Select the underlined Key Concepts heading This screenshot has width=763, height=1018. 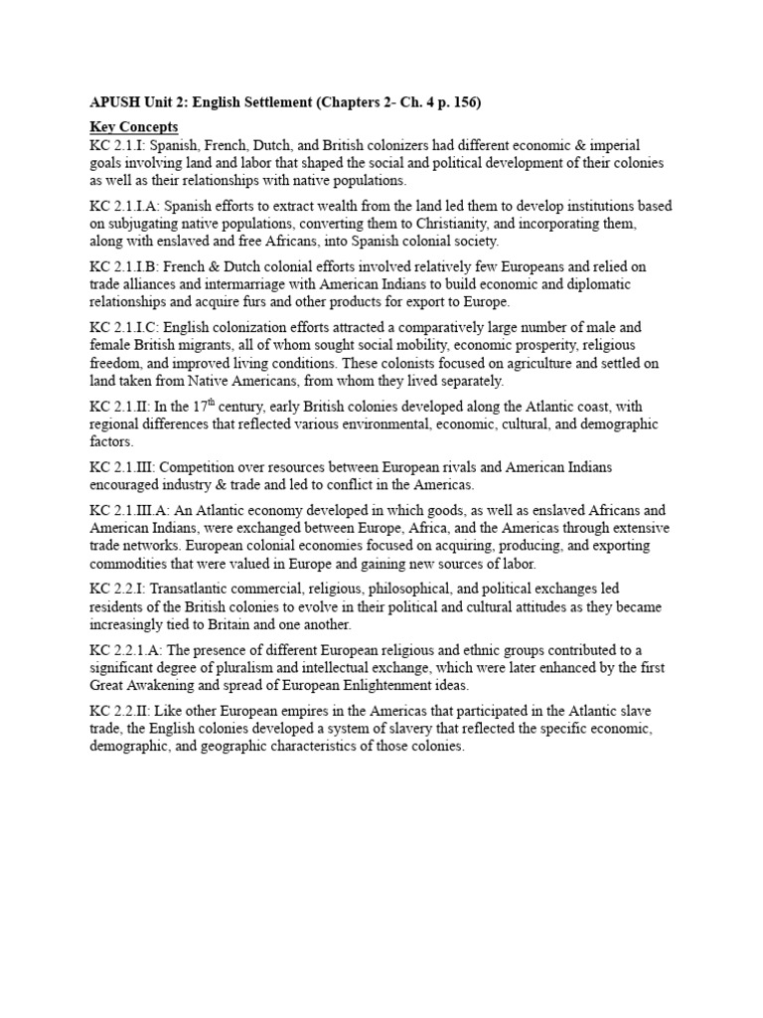[134, 127]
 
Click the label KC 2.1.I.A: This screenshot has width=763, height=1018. [125, 206]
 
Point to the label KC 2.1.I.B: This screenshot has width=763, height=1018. [125, 267]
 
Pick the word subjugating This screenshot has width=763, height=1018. [148, 224]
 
